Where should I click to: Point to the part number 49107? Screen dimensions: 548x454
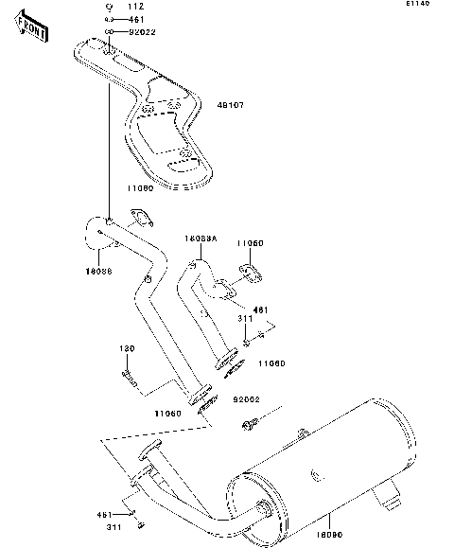click(x=232, y=105)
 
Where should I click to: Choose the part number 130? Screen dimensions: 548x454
click(x=128, y=348)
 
